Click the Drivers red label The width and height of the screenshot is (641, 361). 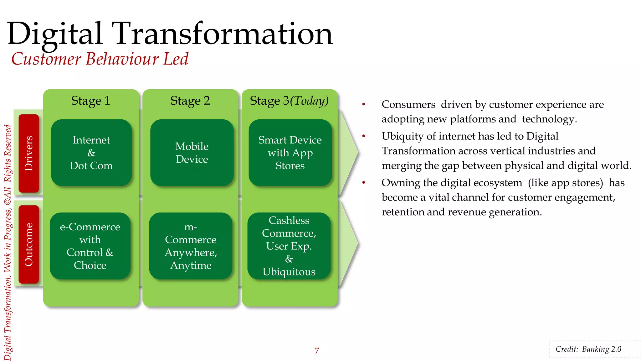[x=28, y=153]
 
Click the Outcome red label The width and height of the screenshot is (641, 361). [x=28, y=244]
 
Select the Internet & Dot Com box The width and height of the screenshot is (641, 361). [x=91, y=153]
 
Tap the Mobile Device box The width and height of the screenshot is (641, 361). [x=192, y=153]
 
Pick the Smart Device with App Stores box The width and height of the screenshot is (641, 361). [x=290, y=153]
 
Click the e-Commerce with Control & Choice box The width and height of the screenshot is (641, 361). [x=90, y=246]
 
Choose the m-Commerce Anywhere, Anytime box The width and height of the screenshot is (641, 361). [x=191, y=246]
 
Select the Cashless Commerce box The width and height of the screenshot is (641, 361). [x=289, y=246]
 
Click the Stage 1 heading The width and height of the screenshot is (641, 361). [x=90, y=101]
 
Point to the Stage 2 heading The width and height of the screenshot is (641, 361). [x=190, y=101]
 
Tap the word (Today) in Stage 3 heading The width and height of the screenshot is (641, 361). [x=309, y=101]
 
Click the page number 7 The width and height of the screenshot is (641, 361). [x=317, y=350]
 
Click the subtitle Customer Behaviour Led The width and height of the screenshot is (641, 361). [x=100, y=59]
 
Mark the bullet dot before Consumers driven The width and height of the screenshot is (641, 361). [x=364, y=104]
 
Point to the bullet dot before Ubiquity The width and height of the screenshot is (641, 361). [x=364, y=136]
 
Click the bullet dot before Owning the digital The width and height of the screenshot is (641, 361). [x=364, y=183]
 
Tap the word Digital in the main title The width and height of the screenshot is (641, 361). [x=55, y=34]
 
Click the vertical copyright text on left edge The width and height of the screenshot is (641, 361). [x=8, y=241]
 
